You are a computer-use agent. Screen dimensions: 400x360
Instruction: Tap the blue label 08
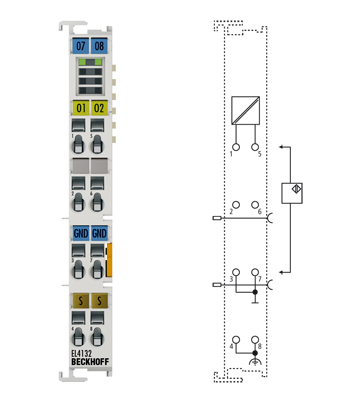click(99, 46)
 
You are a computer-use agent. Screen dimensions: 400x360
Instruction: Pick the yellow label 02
click(99, 107)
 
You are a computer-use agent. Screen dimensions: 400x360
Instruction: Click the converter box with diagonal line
click(244, 110)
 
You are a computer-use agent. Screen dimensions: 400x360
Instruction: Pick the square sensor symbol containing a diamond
click(294, 193)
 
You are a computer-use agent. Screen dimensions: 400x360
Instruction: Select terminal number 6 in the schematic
click(259, 213)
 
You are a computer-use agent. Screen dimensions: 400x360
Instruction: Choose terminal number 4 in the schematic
click(231, 346)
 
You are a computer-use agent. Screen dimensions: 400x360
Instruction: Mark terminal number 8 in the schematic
click(259, 346)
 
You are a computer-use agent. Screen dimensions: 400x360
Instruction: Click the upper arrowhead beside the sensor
click(283, 148)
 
